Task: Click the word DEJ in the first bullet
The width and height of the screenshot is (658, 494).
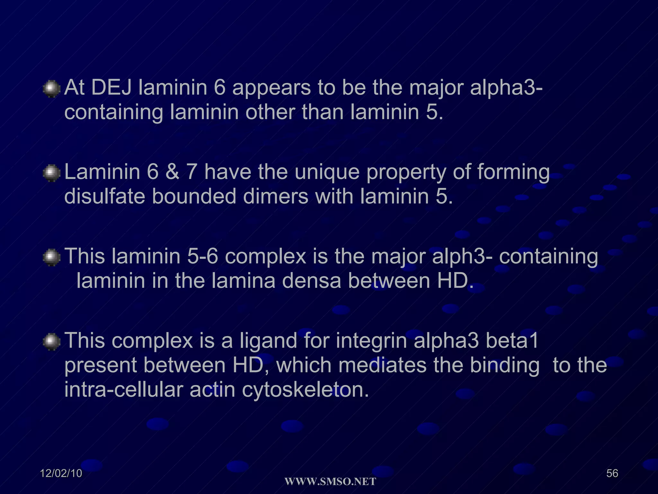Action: [111, 87]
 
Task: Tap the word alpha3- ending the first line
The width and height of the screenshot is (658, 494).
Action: [506, 87]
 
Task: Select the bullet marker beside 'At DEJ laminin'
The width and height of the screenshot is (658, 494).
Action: [51, 89]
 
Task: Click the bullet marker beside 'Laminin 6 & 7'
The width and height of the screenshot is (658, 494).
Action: [51, 173]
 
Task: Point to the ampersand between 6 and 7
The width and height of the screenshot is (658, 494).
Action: [172, 172]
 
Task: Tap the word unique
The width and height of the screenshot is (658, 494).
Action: [327, 172]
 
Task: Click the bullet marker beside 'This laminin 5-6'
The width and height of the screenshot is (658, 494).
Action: [51, 258]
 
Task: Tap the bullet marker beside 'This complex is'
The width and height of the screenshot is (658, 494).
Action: [51, 342]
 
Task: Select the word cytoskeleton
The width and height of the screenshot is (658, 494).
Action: [305, 390]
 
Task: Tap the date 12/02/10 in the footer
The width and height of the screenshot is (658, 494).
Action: [61, 473]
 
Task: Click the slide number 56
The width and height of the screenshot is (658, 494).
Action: [612, 473]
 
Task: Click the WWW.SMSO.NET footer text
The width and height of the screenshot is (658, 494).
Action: [330, 482]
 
